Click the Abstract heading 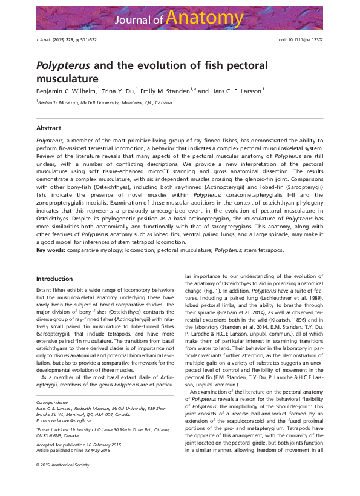[48, 128]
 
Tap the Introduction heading [54, 279]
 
